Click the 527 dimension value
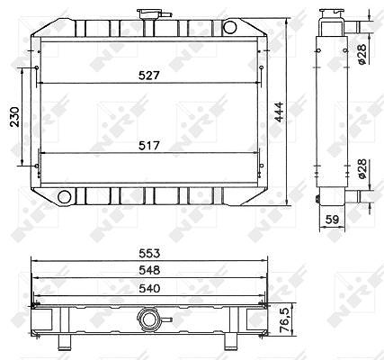(149, 76)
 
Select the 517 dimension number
(149, 146)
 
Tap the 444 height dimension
(280, 112)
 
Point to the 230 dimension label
(14, 117)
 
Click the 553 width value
(149, 254)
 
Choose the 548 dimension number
(149, 271)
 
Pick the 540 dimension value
(149, 289)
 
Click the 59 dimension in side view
(332, 220)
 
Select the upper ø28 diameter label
(362, 54)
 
